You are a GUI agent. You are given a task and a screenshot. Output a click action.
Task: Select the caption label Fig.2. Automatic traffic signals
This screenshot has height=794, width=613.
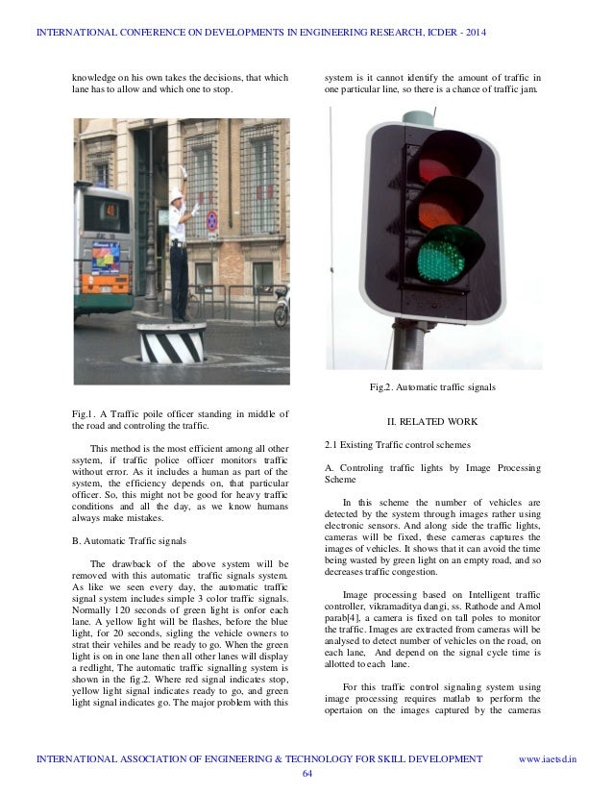pos(432,386)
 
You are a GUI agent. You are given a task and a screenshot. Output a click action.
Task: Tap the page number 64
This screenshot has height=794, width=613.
pos(306,774)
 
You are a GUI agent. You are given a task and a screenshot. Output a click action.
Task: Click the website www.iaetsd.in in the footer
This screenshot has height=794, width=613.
pos(548,759)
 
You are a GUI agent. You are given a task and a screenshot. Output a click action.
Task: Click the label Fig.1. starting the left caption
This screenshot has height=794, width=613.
pos(87,413)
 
